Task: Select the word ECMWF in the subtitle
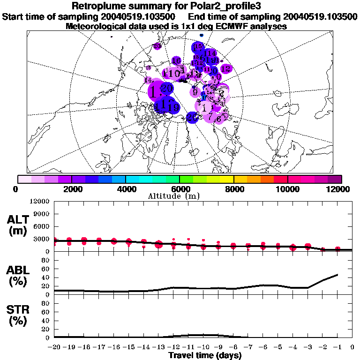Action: [224, 26]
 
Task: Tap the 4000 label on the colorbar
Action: [125, 189]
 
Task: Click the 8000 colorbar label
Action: [233, 189]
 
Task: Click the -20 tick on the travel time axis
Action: [54, 347]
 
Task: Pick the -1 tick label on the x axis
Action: [337, 347]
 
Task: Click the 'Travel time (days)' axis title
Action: [205, 355]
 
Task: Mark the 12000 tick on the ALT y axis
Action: [39, 202]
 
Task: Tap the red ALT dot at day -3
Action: [308, 246]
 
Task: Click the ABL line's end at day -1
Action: [337, 274]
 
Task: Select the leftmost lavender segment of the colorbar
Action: [24, 179]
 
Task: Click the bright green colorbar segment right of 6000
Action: [187, 179]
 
